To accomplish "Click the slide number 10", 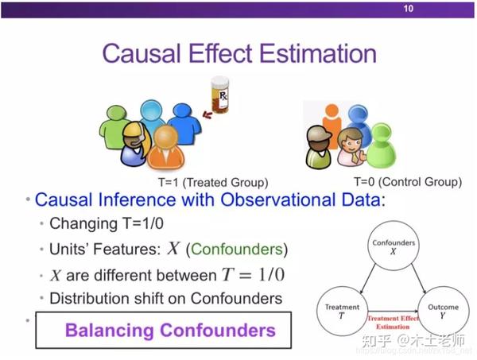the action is pyautogui.click(x=409, y=8).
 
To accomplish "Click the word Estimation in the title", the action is pyautogui.click(x=318, y=53).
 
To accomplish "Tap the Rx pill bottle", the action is pyautogui.click(x=220, y=95).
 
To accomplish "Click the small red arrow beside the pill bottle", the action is pyautogui.click(x=207, y=114).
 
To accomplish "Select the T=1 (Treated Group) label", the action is pyautogui.click(x=213, y=183).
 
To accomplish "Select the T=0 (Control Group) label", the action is pyautogui.click(x=408, y=182).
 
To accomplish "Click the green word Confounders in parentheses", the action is pyautogui.click(x=237, y=250).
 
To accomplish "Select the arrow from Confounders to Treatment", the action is pyautogui.click(x=368, y=279).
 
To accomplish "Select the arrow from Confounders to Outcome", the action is pyautogui.click(x=419, y=279).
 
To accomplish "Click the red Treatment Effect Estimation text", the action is pyautogui.click(x=393, y=323).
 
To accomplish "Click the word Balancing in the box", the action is pyautogui.click(x=110, y=331).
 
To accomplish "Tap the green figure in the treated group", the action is pyautogui.click(x=113, y=127).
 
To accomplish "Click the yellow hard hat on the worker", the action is pyautogui.click(x=134, y=130).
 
